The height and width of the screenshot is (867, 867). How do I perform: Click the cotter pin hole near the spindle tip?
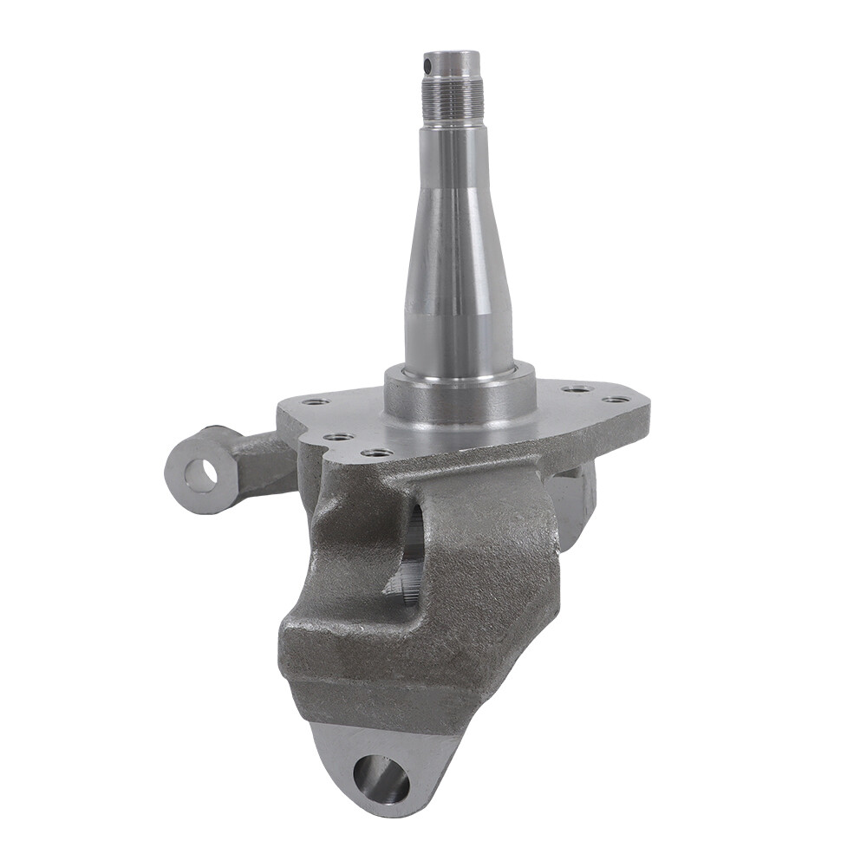pyautogui.click(x=427, y=65)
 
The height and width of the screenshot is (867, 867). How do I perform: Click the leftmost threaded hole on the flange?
pyautogui.click(x=315, y=401)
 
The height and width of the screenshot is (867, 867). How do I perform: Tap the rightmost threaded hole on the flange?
pyautogui.click(x=616, y=400)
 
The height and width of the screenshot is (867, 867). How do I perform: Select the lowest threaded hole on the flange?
pyautogui.click(x=377, y=452)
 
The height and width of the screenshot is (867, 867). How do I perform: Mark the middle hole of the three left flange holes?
pyautogui.click(x=339, y=436)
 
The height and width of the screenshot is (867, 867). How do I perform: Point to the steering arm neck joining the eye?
pyautogui.click(x=260, y=460)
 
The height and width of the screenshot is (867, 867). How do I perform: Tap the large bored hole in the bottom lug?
pyautogui.click(x=381, y=778)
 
